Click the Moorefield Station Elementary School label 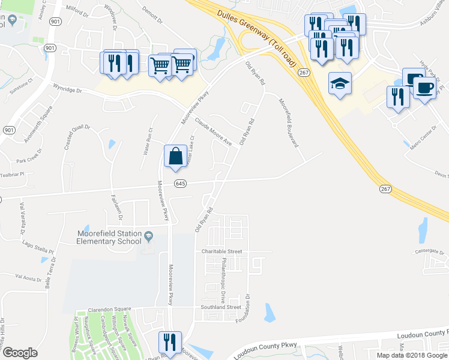pyautogui.click(x=109, y=238)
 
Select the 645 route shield pyautogui.click(x=179, y=184)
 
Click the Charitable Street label pyautogui.click(x=221, y=252)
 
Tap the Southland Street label pyautogui.click(x=221, y=307)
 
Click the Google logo pyautogui.click(x=20, y=353)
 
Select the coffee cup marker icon pyautogui.click(x=425, y=88)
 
